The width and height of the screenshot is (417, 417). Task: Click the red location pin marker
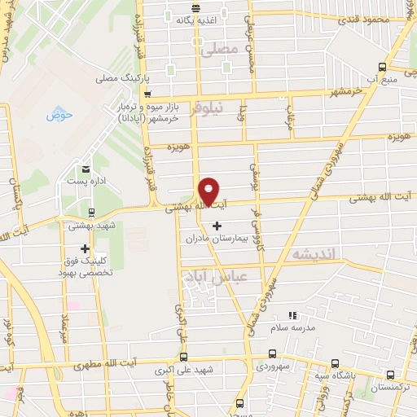(209, 191)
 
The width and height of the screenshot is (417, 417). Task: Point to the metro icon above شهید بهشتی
(91, 211)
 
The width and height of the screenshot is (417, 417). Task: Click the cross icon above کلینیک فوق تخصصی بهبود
(85, 248)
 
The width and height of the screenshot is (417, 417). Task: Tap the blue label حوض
(59, 115)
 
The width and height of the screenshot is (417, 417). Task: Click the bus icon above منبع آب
(383, 68)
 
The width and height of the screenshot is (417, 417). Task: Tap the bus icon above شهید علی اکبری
(182, 357)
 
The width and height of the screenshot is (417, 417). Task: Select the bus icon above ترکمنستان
(392, 375)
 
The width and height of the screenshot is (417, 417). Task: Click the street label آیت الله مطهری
(103, 367)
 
